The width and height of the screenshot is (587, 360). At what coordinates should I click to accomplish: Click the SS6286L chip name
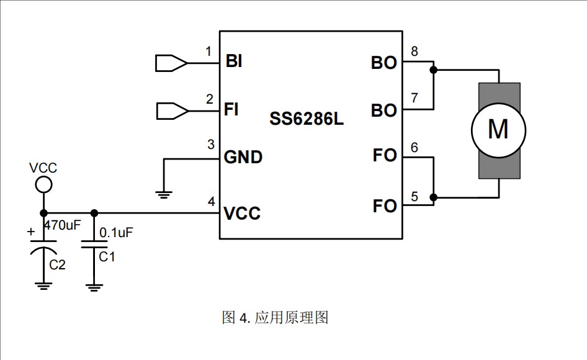point(306,119)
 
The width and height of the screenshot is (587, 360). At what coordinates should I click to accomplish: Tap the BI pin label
point(234,61)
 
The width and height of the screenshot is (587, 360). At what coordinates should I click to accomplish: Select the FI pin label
point(231,110)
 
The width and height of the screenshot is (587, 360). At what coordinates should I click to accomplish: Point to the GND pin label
point(243,157)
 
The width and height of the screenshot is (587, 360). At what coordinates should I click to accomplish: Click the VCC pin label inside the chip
point(242,214)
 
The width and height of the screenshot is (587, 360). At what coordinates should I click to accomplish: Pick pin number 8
point(414,51)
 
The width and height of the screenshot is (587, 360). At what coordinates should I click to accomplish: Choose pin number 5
point(414,196)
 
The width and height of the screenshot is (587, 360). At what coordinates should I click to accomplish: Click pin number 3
point(211,145)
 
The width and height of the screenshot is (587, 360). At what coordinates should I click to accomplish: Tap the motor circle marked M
point(498,130)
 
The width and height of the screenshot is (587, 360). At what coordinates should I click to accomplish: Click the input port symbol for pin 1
point(171,63)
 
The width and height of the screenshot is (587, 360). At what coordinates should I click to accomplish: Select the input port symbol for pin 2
point(171,111)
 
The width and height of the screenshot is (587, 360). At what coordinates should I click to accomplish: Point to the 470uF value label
point(63,225)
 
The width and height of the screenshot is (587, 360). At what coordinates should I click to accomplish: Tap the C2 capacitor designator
point(58,265)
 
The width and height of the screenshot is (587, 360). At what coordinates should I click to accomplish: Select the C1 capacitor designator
point(107,256)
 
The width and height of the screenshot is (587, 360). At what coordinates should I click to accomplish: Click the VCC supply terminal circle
point(43,184)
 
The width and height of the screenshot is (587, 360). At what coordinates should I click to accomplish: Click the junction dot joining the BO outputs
point(434,70)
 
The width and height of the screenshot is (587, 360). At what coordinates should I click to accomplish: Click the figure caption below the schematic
point(275,318)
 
